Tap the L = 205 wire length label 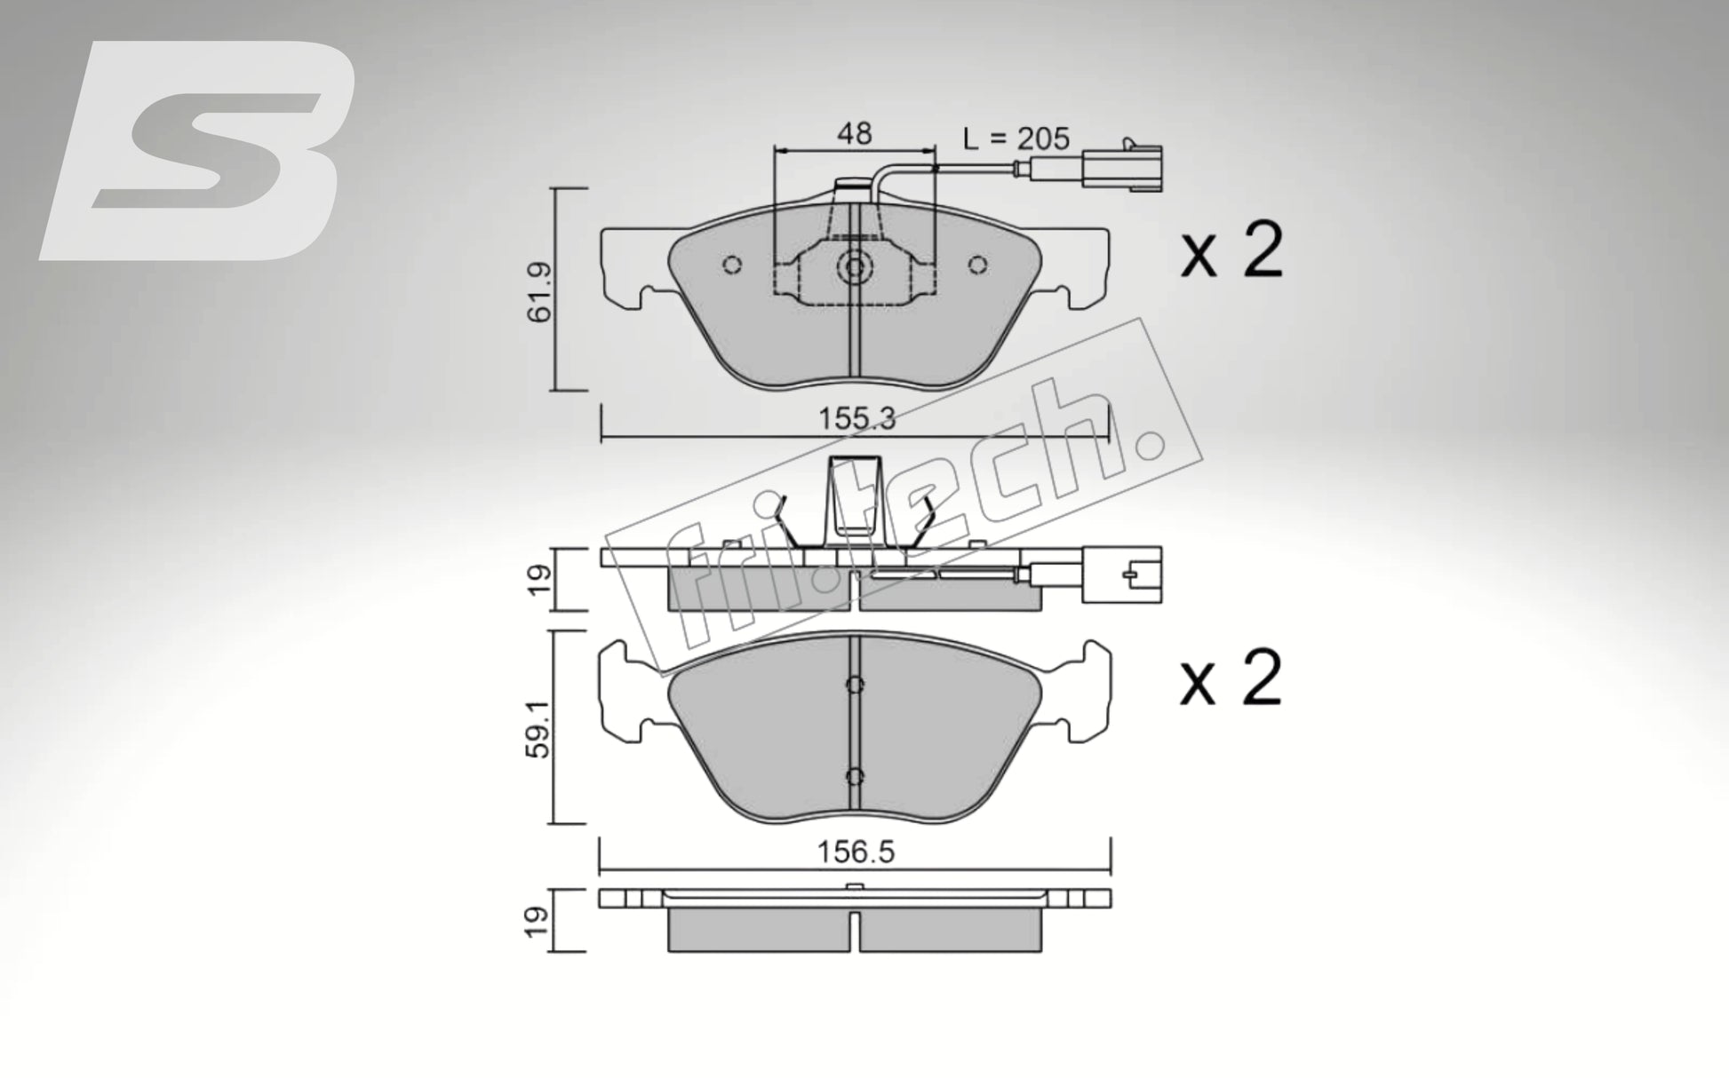(1016, 138)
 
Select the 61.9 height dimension (540, 291)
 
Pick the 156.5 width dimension (856, 853)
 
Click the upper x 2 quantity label (1231, 252)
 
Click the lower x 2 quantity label (1231, 679)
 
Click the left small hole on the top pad (732, 266)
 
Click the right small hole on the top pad (978, 266)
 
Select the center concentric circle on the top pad (855, 267)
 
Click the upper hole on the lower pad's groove (855, 684)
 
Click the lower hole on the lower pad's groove (855, 776)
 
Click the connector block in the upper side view (1122, 575)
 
